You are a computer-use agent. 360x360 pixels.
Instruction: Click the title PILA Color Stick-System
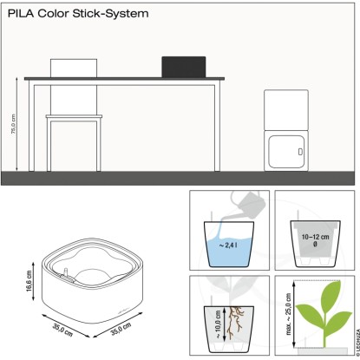click(x=78, y=14)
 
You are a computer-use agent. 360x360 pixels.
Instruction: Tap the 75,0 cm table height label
click(x=13, y=124)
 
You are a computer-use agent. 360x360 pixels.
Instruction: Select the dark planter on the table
click(x=184, y=67)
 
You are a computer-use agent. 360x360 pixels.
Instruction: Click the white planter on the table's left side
click(x=74, y=69)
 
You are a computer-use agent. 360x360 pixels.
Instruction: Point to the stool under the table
click(x=74, y=143)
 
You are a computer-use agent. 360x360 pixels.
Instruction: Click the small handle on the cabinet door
click(x=300, y=152)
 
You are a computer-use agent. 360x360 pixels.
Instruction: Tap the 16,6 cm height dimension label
click(x=29, y=281)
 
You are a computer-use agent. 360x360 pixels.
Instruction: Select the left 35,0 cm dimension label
click(x=62, y=330)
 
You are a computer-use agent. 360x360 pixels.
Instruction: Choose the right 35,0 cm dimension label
click(x=121, y=329)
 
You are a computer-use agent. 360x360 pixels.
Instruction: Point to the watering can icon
click(x=249, y=204)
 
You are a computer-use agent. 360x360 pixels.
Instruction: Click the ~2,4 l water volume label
click(x=228, y=245)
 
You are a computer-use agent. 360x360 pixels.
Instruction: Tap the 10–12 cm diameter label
click(x=315, y=240)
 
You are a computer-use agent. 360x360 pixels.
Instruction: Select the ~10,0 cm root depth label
click(x=218, y=324)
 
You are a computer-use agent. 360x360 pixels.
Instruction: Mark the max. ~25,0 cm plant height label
click(x=289, y=314)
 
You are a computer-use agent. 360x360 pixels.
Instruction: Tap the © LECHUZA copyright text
click(x=357, y=342)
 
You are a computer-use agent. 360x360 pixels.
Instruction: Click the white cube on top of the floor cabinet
click(x=286, y=110)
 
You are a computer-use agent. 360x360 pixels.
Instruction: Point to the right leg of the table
click(x=217, y=128)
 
